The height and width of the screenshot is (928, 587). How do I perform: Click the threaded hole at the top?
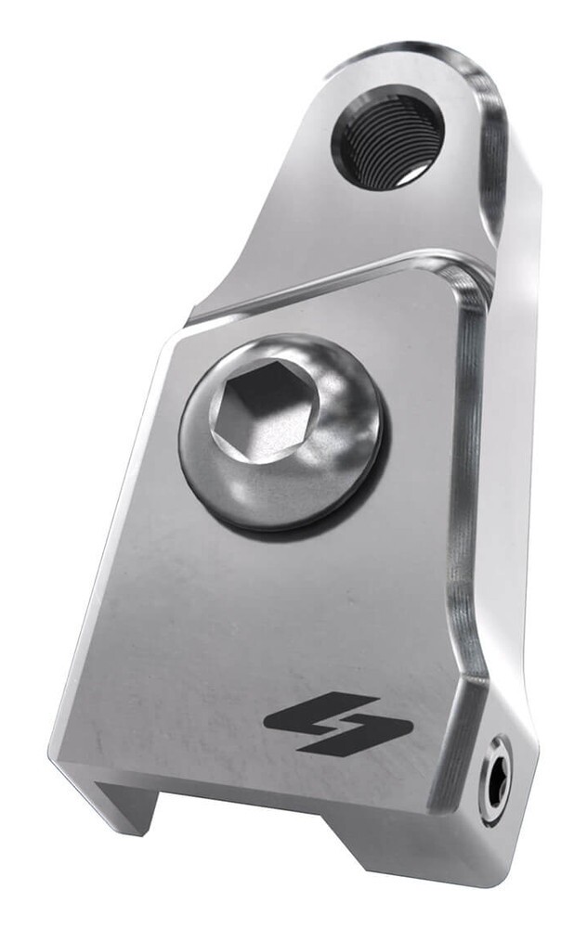tap(387, 137)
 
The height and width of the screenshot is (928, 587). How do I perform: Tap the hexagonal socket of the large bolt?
tap(265, 408)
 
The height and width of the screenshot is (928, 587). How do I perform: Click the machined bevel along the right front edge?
tap(464, 520)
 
